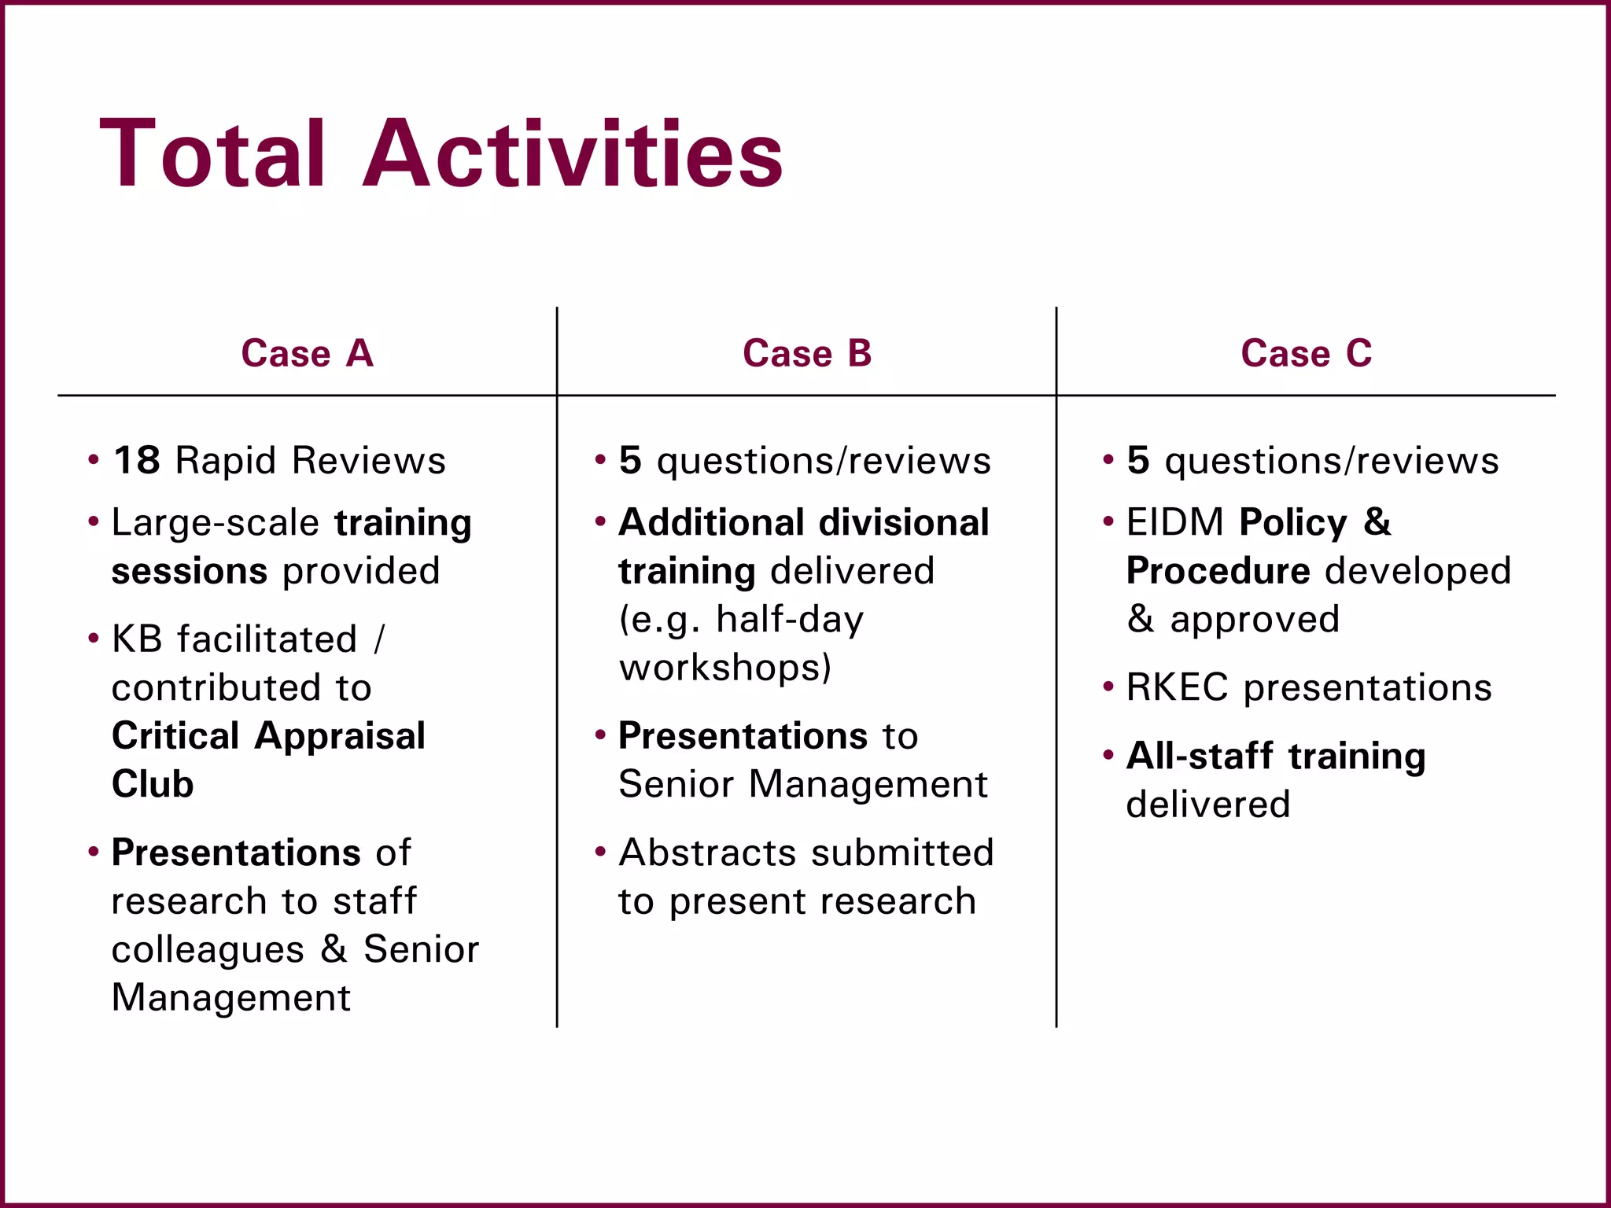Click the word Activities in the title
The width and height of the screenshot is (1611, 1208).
573,153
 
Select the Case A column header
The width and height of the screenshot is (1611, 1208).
307,353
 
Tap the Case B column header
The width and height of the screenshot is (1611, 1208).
807,353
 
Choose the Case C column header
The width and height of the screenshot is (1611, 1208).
1306,353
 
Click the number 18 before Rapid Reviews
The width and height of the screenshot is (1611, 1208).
137,460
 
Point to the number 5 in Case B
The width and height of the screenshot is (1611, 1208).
630,460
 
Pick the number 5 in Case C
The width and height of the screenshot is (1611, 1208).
1137,460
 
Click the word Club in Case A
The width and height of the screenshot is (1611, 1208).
153,784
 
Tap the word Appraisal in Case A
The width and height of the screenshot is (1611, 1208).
340,736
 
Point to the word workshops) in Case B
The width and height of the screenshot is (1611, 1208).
724,668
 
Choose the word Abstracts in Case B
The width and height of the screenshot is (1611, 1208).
707,853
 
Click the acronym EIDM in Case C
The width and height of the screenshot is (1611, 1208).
1174,522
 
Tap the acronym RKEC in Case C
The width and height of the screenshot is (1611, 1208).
1177,687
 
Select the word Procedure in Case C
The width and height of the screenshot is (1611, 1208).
1218,571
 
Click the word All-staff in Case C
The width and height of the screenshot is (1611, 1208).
1200,756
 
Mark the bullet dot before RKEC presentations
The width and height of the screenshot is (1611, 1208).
1109,687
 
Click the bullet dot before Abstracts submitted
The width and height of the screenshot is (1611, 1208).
601,852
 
